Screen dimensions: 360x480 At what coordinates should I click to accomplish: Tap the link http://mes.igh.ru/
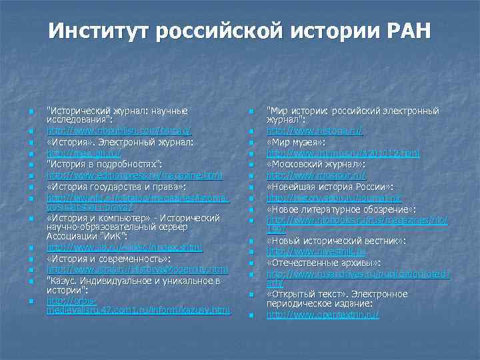[x=84, y=153]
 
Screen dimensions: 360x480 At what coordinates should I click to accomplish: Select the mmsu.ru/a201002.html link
[x=343, y=153]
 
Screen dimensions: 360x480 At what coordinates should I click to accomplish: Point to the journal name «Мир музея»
[x=296, y=143]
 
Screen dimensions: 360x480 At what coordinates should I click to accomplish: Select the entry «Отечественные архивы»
[x=323, y=263]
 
